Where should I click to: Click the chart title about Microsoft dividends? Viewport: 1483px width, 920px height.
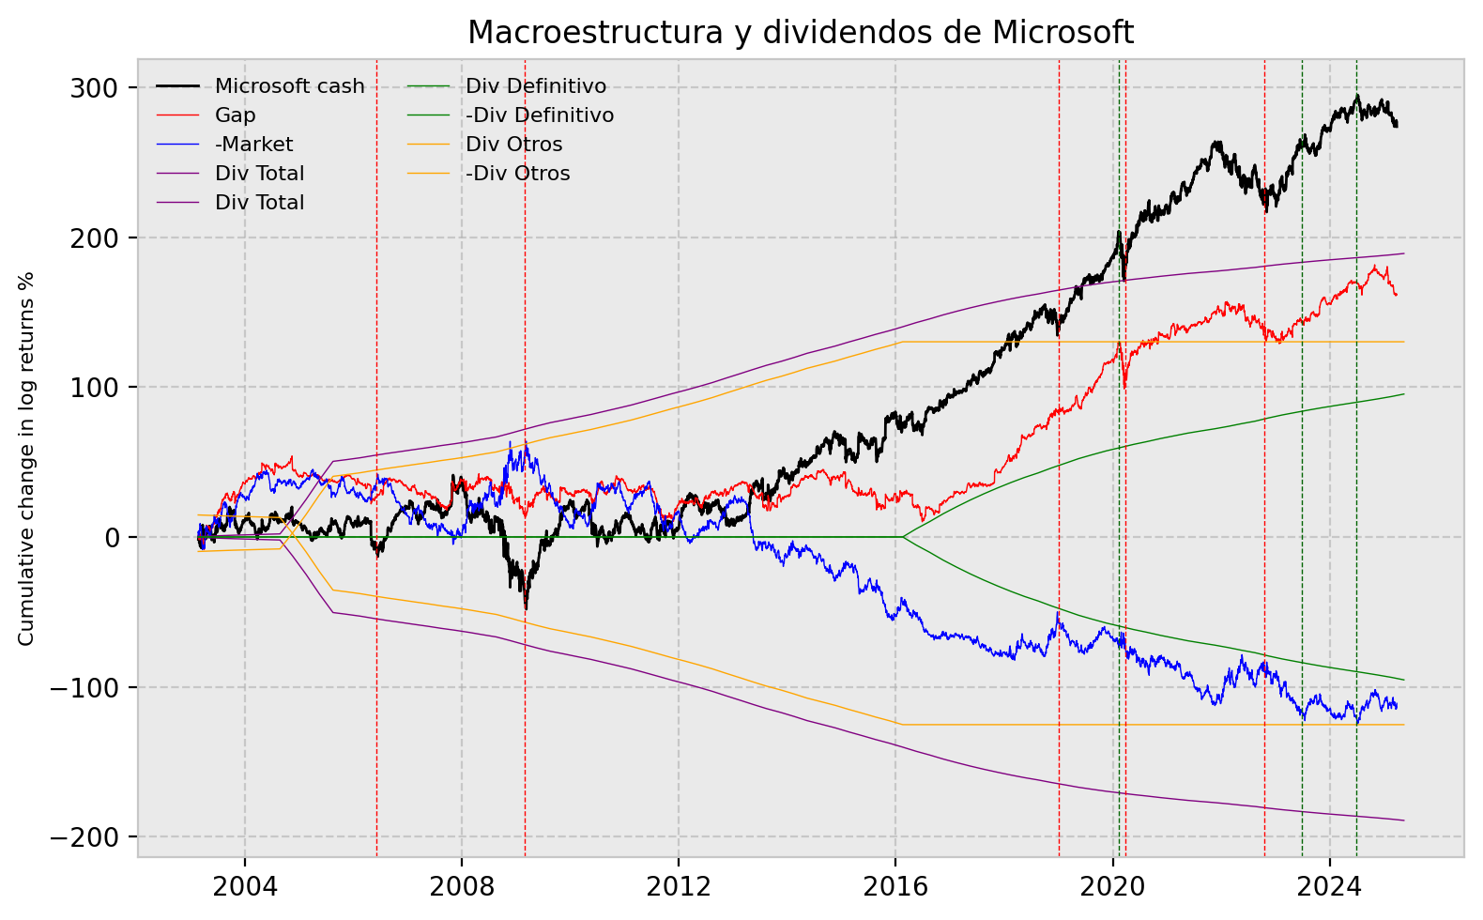(801, 32)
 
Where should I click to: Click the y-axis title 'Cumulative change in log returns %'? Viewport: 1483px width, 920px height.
(26, 458)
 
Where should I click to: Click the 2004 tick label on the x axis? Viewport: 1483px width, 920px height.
(244, 886)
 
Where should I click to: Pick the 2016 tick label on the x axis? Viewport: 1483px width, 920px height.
(895, 886)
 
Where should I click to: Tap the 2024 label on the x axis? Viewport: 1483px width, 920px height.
(1329, 886)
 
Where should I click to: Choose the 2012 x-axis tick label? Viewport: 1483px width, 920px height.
(678, 886)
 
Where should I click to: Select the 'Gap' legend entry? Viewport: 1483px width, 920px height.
(236, 115)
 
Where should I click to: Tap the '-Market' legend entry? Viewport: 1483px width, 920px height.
(253, 145)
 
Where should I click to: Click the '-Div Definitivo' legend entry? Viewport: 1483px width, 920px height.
(540, 115)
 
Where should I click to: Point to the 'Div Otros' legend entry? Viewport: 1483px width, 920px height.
(513, 145)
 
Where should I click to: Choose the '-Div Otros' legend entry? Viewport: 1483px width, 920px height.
(517, 174)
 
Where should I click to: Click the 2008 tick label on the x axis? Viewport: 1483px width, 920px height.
(461, 886)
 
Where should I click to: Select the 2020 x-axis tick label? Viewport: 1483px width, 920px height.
(1112, 886)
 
